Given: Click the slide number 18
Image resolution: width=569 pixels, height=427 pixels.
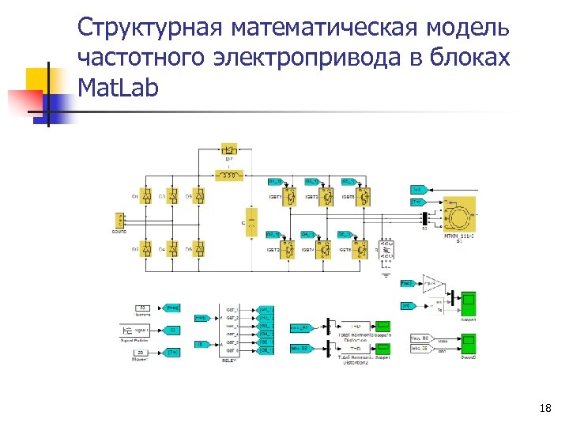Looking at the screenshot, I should [545, 409].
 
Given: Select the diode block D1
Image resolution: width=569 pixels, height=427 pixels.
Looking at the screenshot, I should [146, 196].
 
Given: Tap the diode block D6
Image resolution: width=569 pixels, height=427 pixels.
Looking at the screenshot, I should [199, 249].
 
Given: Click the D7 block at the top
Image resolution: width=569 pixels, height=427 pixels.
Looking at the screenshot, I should [230, 149].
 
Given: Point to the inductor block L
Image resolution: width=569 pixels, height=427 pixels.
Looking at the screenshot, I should [230, 174].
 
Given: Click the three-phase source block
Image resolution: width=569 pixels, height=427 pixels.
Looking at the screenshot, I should [121, 221].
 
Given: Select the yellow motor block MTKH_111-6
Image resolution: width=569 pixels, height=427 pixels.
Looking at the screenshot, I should [459, 213].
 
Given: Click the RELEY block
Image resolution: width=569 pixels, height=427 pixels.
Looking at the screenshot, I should [230, 329].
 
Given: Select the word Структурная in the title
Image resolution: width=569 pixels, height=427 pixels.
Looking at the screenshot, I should [150, 29].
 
